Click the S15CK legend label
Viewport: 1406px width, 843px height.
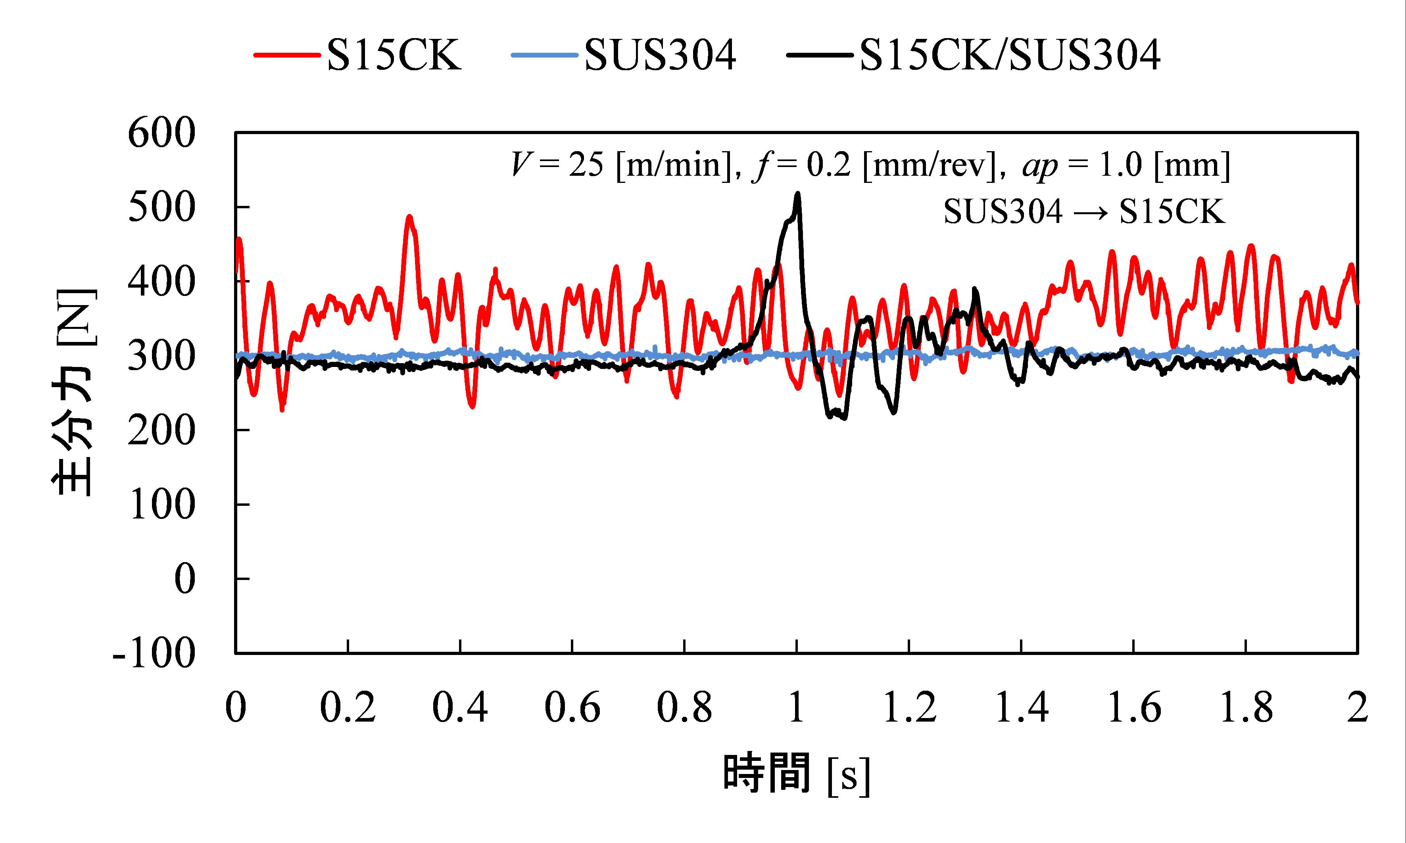394,55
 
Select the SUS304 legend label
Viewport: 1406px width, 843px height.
660,55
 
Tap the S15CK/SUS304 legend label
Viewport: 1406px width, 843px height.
1010,55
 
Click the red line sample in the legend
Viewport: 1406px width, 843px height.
287,55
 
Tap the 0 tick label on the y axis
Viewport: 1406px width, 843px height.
184,580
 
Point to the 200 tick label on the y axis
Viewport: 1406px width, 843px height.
161,431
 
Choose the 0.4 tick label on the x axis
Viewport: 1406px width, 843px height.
459,708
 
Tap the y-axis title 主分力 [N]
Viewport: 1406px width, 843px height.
74,392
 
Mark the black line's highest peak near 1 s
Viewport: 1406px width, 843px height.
798,194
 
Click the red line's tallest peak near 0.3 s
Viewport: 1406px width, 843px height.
409,217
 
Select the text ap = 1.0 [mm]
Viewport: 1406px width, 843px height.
1126,166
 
